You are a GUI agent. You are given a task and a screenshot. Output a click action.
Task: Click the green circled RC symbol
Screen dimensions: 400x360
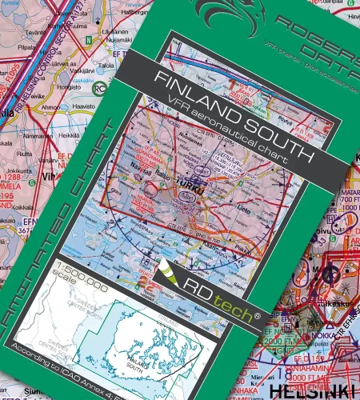(100, 90)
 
